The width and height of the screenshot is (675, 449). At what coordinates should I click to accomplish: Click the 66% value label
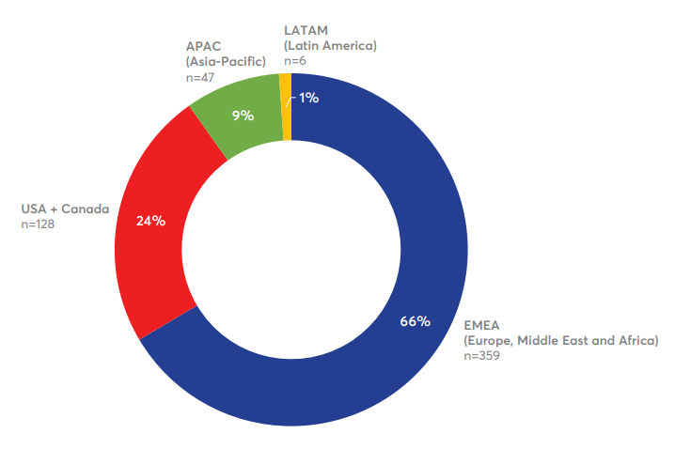click(415, 321)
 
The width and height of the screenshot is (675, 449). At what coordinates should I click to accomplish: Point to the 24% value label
click(150, 221)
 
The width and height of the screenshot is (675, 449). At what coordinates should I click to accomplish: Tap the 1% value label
click(308, 97)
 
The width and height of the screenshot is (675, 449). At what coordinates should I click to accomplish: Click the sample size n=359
click(482, 356)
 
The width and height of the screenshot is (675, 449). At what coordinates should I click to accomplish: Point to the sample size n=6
click(295, 61)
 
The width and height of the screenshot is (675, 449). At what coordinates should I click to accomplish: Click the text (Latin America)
click(330, 45)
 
